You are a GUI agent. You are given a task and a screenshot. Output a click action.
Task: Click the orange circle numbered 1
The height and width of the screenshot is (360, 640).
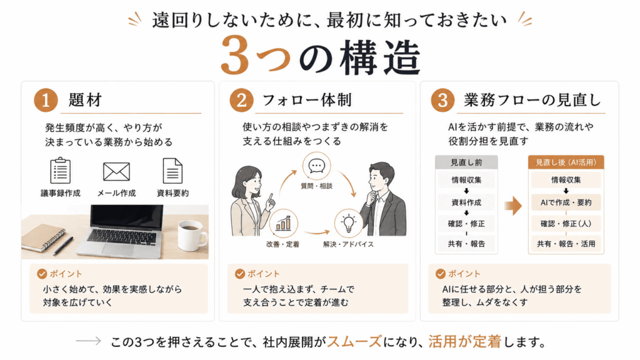46,101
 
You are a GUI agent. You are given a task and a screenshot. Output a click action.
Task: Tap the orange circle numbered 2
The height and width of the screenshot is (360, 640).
241,101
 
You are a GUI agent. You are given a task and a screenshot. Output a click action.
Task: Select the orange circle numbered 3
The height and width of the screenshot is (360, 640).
442,101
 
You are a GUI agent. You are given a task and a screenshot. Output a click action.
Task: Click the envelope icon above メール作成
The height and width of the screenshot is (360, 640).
116,171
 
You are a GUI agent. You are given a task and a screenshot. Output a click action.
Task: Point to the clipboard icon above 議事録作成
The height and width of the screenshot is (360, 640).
61,171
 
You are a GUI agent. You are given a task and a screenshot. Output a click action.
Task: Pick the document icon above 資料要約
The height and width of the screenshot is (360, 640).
172,171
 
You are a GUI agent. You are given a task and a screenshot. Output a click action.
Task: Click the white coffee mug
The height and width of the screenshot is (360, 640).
192,236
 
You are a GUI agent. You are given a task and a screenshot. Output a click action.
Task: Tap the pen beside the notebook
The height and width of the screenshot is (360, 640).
62,246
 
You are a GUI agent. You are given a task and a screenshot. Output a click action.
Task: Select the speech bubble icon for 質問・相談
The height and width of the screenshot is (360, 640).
317,166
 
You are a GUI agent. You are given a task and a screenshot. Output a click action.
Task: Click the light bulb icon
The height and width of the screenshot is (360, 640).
348,223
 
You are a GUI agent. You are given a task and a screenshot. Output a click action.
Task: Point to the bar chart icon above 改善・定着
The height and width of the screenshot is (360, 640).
283,223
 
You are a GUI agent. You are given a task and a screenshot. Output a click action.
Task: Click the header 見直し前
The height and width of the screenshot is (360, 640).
466,162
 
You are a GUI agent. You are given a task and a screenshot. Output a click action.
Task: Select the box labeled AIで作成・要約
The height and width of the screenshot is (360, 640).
566,202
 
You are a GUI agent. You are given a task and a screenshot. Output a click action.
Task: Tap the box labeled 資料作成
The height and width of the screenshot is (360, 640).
466,202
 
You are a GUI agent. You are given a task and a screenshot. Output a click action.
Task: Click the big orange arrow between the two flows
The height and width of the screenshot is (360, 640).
513,205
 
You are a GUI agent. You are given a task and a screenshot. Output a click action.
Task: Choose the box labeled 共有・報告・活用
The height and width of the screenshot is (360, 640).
566,244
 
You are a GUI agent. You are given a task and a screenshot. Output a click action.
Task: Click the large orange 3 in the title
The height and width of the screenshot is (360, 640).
234,56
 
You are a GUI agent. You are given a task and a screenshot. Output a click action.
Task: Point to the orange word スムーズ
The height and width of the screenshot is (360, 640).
354,342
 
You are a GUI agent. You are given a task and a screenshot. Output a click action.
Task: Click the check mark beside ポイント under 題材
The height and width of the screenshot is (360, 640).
42,274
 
